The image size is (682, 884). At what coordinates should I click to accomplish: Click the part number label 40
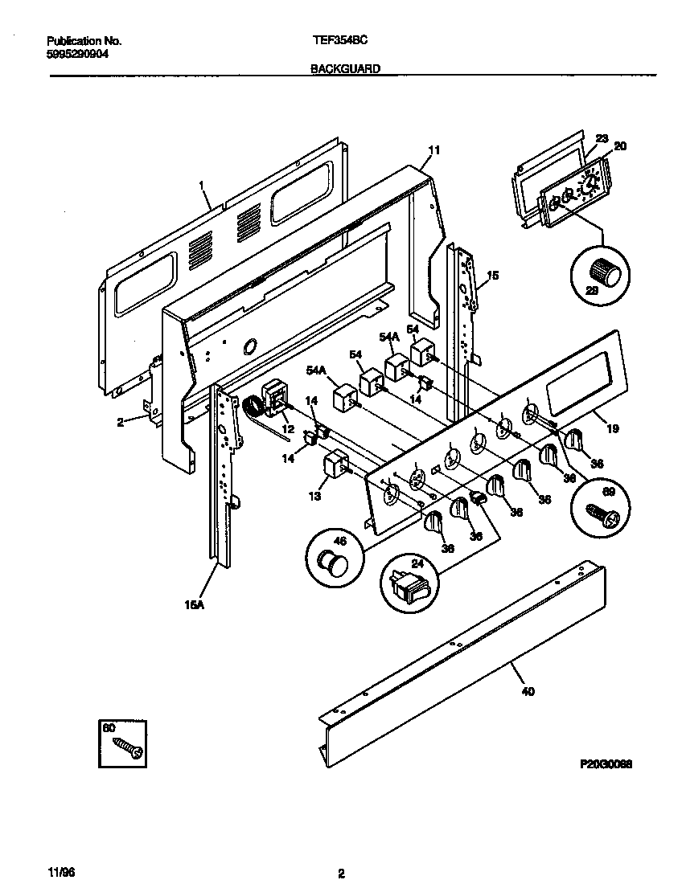coord(528,691)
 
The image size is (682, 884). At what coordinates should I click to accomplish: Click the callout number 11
coord(434,150)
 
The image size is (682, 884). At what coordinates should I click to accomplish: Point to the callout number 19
coord(613,428)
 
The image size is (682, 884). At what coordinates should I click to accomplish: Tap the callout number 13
coord(314,496)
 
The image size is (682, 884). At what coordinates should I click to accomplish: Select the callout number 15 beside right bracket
coord(493,276)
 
